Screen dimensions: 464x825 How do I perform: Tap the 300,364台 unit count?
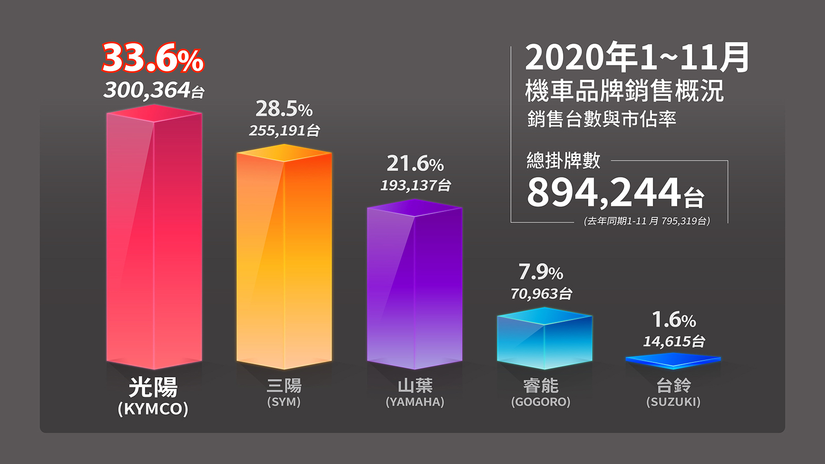tap(154, 90)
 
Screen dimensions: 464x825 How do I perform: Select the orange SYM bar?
tap(284, 258)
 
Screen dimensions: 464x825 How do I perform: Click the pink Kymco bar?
tap(154, 237)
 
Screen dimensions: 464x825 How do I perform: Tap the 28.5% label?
tap(284, 109)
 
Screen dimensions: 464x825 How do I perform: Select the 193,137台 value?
tap(416, 185)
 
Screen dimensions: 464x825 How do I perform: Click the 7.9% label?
tap(540, 272)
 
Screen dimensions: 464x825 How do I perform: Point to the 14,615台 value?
tap(673, 341)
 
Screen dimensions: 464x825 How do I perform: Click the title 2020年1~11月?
tap(637, 57)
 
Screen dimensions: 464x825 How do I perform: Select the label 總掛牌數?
tap(564, 160)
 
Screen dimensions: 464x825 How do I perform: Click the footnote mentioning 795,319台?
tap(647, 221)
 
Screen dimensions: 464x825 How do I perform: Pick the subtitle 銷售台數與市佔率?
tap(601, 119)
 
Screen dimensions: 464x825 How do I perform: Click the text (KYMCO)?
tap(153, 409)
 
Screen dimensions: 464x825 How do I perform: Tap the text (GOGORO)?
tap(540, 402)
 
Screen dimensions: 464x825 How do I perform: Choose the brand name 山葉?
tap(415, 386)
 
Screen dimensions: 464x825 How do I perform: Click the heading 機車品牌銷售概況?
tap(624, 91)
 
